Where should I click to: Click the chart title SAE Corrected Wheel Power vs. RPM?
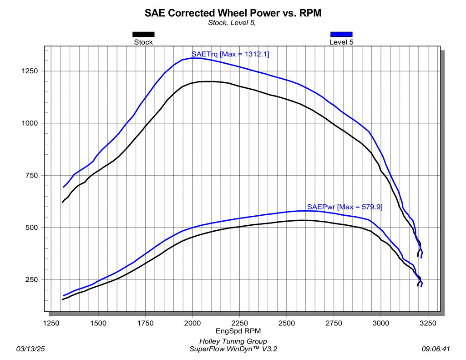click(233, 13)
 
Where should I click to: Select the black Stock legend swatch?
click(143, 34)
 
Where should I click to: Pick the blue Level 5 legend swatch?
click(341, 34)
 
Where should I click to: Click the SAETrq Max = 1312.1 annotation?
click(230, 54)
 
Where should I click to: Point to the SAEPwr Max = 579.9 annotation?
click(344, 207)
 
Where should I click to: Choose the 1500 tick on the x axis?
click(98, 323)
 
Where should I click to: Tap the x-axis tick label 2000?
click(192, 323)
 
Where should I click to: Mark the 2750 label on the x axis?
click(334, 323)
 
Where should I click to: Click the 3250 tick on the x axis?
click(428, 323)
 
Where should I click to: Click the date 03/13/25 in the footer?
click(30, 349)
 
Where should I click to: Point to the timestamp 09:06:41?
click(436, 349)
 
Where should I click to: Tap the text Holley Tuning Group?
click(233, 341)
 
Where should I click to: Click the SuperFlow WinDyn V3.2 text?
click(233, 349)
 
